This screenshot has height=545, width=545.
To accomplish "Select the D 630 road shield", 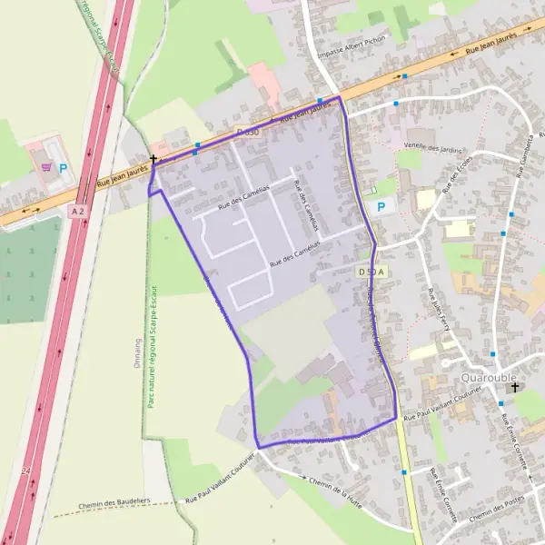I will (247, 133).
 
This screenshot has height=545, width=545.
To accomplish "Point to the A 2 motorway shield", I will (77, 210).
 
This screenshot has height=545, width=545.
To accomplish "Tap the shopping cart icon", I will (45, 166).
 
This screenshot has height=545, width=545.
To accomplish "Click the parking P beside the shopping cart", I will (63, 168).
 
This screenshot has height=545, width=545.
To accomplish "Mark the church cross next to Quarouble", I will (515, 388).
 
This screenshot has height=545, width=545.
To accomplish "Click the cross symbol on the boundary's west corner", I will (154, 160).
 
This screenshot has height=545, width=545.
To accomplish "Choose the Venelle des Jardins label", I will (433, 147).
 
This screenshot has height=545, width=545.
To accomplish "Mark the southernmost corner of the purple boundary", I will (259, 447).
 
